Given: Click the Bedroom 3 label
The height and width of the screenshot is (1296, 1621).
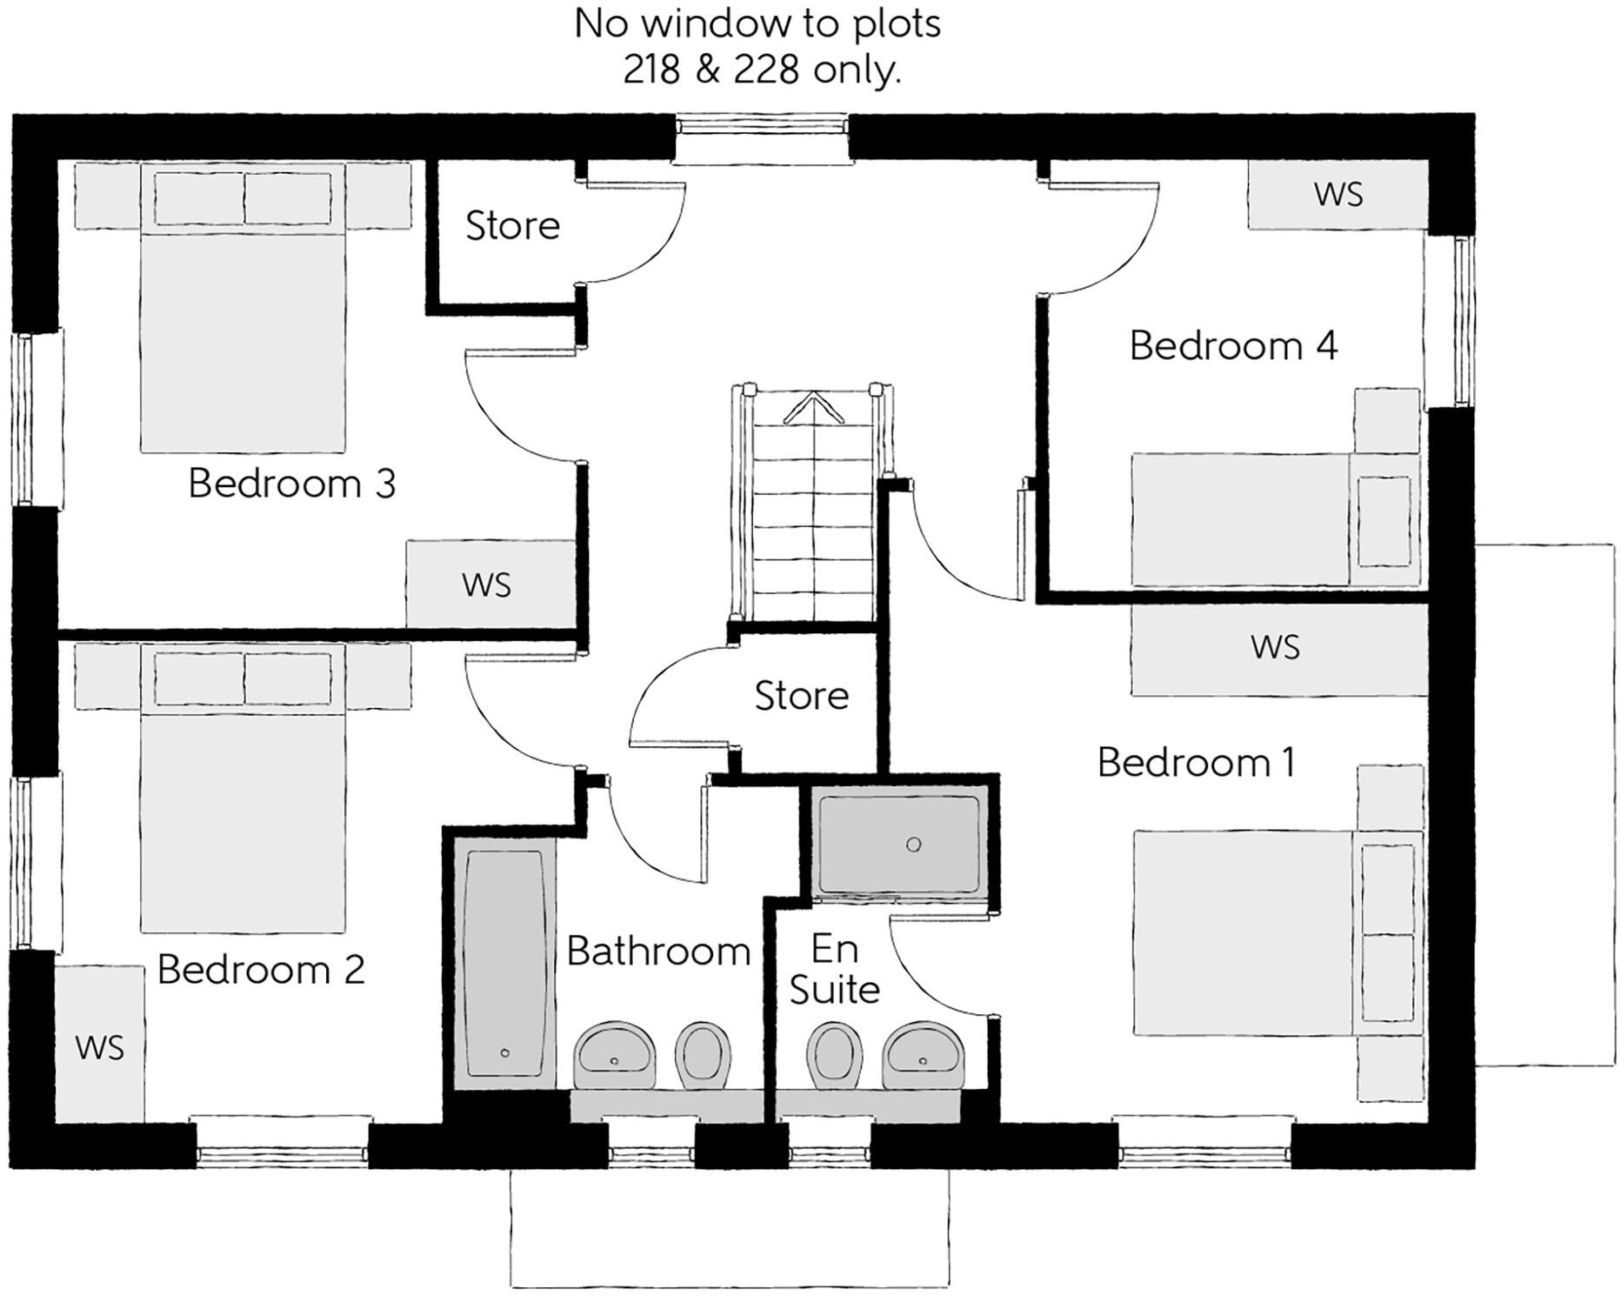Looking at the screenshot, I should point(291,484).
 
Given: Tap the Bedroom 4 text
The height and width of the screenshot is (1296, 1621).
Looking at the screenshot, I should point(1232,346).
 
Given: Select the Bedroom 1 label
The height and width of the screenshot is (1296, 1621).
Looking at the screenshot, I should point(1196,763).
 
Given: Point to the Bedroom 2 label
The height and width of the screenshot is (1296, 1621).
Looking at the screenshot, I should point(260,970).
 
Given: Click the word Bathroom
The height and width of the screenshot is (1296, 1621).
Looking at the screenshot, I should point(658,952).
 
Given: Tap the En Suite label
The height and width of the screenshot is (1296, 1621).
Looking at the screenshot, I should point(834,970).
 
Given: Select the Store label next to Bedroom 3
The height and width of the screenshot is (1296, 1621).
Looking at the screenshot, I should point(512,226).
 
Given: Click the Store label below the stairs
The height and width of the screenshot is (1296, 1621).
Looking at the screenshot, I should point(801,696).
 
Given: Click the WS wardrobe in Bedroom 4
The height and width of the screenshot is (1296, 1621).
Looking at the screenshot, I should point(1337,195).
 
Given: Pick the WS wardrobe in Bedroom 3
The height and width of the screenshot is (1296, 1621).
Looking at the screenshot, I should point(487,585).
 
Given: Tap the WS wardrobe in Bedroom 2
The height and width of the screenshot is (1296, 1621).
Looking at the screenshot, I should point(100,1047).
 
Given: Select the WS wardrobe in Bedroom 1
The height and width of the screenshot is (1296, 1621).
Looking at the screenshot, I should point(1275,648).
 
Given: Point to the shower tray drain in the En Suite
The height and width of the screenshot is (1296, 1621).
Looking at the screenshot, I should point(913,845).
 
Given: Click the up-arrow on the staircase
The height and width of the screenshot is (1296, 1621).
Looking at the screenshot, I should point(813,407).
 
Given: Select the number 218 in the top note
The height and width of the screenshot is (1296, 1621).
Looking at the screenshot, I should point(651,70).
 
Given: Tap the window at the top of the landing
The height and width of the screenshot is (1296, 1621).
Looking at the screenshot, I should point(762,127).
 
